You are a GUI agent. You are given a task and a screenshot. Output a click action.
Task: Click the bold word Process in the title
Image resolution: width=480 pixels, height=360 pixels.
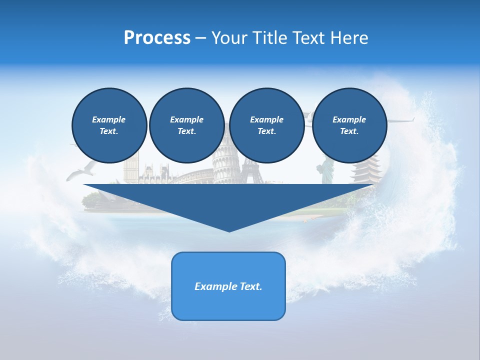157,38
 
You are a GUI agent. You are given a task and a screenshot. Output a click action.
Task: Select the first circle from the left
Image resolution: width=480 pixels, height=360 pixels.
109,125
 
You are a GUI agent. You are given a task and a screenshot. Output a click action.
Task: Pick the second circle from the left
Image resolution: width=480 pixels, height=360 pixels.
186,125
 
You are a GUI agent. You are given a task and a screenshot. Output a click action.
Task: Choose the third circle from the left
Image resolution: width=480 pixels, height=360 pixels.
266,125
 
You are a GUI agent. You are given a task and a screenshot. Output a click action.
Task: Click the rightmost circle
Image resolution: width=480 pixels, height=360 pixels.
349,125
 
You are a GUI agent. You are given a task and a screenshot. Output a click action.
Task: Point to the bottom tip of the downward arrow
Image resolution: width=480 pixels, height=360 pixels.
229,230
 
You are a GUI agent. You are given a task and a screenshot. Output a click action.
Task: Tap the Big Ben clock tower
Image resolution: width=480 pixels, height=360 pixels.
130,167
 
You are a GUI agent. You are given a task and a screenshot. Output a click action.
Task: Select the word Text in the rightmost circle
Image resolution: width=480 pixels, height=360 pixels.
349,131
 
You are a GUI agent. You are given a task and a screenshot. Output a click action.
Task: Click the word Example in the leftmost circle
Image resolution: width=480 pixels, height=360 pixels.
109,119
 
